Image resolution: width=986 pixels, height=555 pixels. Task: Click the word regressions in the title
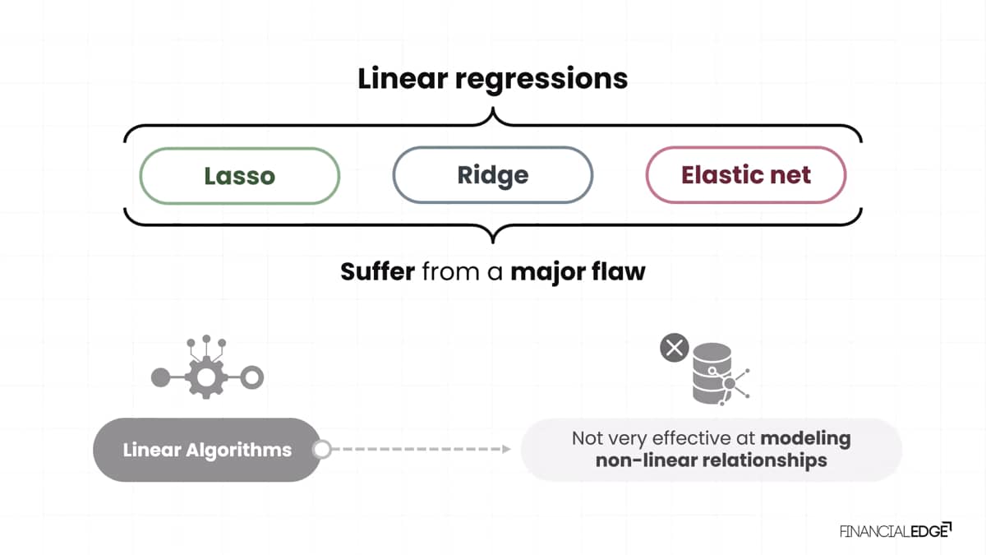point(541,81)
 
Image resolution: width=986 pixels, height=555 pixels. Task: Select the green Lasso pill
point(240,176)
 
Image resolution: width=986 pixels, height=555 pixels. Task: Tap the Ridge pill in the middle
point(493,175)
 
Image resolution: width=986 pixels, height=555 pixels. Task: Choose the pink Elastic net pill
point(746,175)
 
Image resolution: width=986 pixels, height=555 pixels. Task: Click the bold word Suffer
point(378,271)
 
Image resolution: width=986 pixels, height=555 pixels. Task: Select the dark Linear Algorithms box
point(207,450)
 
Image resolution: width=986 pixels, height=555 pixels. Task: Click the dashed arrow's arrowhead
point(507,449)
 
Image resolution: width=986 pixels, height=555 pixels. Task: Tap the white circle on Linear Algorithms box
point(322,449)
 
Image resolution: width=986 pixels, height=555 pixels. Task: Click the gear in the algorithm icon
point(206,377)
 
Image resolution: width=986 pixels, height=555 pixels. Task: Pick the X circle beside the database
point(675,348)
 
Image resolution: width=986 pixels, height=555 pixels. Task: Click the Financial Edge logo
point(896,531)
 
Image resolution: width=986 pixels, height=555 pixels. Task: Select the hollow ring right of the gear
point(251,377)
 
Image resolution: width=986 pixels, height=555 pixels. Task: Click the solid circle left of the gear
point(161,377)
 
